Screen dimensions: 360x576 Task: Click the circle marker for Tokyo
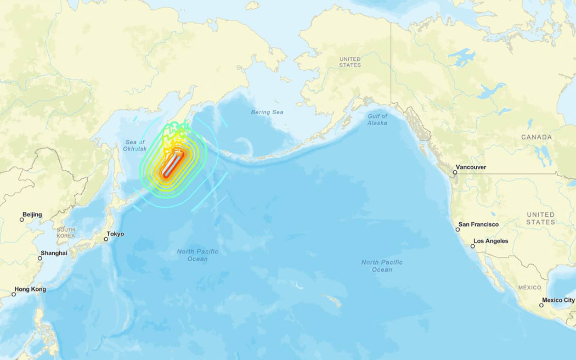106,239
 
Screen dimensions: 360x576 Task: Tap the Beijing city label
32,215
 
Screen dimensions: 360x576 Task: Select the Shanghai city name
54,253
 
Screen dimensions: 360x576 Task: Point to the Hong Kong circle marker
14,294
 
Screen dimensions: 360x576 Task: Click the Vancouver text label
471,167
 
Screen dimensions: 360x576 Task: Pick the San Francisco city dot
458,229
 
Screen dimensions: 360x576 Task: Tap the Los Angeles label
490,241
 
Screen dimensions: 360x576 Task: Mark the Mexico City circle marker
541,305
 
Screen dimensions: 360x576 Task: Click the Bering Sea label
267,112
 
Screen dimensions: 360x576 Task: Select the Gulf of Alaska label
377,120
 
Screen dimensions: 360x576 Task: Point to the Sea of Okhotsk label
134,145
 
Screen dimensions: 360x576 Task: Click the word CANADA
537,137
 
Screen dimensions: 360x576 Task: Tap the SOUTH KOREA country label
66,233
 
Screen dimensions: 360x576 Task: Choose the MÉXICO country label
530,288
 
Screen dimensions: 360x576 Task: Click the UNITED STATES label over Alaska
350,62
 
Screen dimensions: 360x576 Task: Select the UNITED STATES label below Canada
540,218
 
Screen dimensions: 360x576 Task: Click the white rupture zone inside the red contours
171,164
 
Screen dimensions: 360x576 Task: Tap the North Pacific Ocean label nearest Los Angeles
382,266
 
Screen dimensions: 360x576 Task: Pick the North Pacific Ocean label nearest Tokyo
197,255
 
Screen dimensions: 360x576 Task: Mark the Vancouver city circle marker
455,172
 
